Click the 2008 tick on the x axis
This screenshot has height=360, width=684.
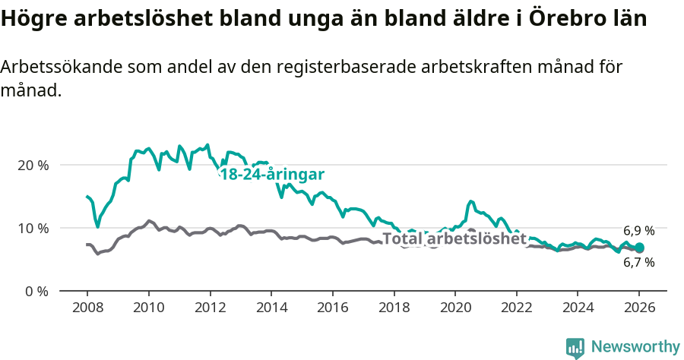click(87, 308)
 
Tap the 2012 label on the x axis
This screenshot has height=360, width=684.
click(209, 308)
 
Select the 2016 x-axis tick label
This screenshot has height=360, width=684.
click(332, 308)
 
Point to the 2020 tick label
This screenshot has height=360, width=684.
click(454, 308)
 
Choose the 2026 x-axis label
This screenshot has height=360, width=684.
click(639, 308)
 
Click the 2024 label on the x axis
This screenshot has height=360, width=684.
click(578, 308)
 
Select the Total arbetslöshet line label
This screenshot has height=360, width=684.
click(454, 238)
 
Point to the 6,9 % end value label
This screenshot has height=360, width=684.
click(638, 231)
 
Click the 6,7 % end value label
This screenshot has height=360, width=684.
click(638, 263)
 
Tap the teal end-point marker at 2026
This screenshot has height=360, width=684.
click(639, 248)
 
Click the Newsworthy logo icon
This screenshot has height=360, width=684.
click(575, 348)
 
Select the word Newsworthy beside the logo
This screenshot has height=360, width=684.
click(635, 347)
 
